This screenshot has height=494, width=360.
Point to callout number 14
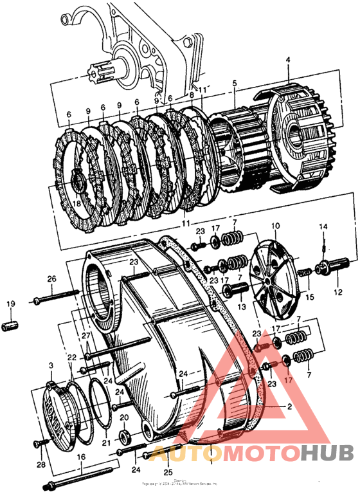point(324,226)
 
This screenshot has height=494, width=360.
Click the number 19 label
point(10,304)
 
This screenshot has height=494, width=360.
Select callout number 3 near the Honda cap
point(50,366)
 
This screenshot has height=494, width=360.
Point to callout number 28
point(40,464)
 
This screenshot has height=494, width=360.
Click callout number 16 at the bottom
point(80,457)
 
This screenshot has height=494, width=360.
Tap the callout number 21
point(106,443)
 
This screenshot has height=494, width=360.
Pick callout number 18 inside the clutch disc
point(76,204)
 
